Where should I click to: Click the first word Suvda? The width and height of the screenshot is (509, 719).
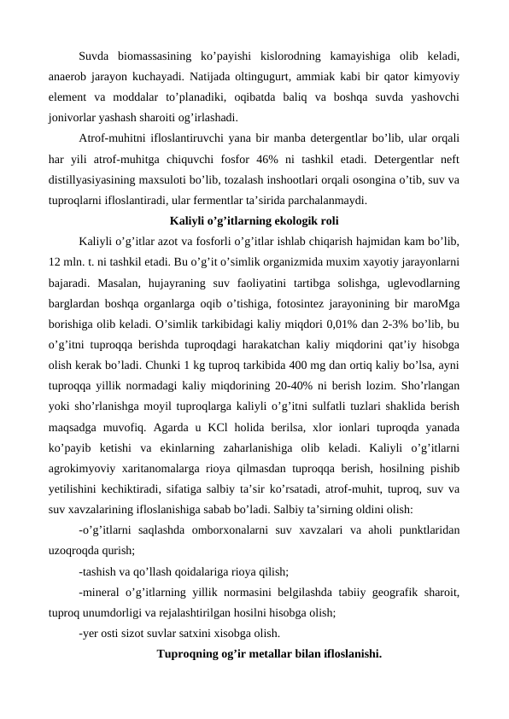click(97, 57)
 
